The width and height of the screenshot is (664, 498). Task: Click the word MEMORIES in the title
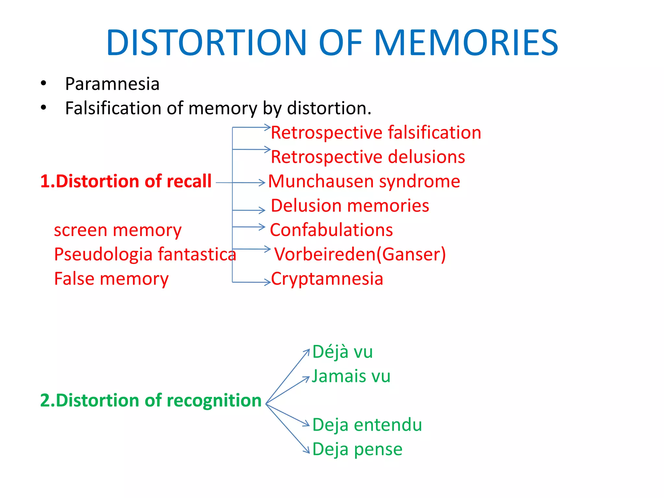466,42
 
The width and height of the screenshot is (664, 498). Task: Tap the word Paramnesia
112,84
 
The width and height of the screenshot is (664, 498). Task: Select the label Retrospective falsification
376,133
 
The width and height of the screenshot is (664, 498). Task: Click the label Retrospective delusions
368,157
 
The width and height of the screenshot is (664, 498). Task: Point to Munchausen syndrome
364,181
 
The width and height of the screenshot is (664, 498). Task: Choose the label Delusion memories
350,206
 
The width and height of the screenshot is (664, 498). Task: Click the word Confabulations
331,230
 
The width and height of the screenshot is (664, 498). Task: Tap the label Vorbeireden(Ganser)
360,254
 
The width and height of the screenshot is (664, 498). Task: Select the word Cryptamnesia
327,279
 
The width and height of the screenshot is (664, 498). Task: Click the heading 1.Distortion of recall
126,181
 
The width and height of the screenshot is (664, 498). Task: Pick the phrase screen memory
118,230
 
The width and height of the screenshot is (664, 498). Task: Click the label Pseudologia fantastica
145,254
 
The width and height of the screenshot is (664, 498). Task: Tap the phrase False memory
111,279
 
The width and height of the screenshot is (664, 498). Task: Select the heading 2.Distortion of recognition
151,400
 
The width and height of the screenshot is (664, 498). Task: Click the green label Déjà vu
342,352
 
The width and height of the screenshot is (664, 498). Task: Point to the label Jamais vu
351,376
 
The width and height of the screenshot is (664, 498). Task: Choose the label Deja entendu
367,425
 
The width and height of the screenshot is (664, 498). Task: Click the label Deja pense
357,449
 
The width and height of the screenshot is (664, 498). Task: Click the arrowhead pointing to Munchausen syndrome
263,183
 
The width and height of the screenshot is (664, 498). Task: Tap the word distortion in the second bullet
329,108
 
